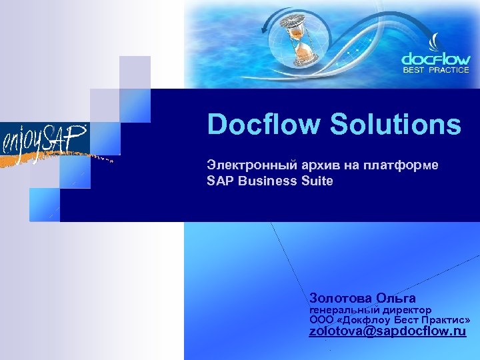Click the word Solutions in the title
(x=393, y=125)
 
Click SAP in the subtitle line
(x=219, y=181)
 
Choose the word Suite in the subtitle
(x=317, y=181)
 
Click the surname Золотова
(x=340, y=297)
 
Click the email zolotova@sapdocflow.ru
(x=387, y=331)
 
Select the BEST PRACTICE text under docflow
(x=436, y=69)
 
